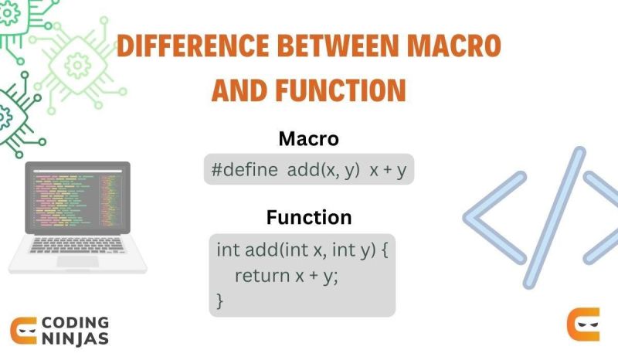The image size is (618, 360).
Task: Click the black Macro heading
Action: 309,140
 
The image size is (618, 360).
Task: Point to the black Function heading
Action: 309,217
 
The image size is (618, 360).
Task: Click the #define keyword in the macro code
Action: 243,171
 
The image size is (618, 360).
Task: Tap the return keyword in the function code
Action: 260,275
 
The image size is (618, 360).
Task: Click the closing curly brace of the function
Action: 220,300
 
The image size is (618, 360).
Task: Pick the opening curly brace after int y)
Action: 383,250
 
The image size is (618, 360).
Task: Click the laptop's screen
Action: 77,197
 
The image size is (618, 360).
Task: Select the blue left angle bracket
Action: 494,216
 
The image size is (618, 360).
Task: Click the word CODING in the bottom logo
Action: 75,322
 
